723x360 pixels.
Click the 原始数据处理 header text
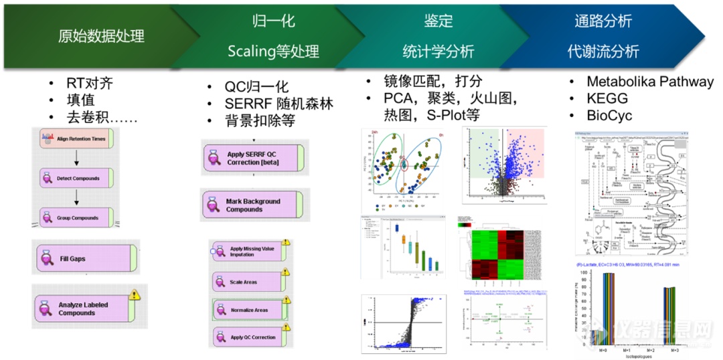(x=101, y=35)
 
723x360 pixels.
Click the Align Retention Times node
(x=77, y=139)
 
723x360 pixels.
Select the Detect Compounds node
(x=77, y=179)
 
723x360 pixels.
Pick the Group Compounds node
(x=77, y=217)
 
